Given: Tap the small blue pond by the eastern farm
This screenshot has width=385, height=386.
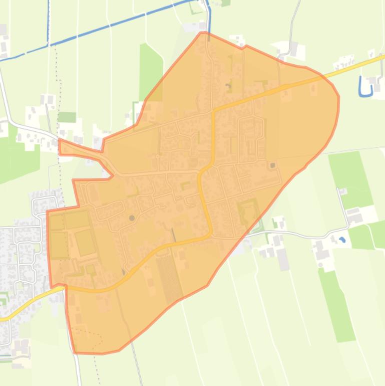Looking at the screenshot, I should tap(342, 240).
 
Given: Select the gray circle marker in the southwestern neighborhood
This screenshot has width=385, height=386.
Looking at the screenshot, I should tap(132, 218).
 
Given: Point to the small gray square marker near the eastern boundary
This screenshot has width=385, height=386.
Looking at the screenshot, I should tap(273, 165).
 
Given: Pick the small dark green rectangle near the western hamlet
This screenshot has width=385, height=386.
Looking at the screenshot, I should tap(67, 117).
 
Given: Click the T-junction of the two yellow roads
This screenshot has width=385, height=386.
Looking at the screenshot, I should tap(214, 110).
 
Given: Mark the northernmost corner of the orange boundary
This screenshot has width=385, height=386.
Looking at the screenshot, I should tap(202, 33).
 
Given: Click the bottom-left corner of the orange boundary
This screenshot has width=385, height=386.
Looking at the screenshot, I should tap(75, 352).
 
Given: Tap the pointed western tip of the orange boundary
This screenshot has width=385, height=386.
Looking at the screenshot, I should tap(59, 140).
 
